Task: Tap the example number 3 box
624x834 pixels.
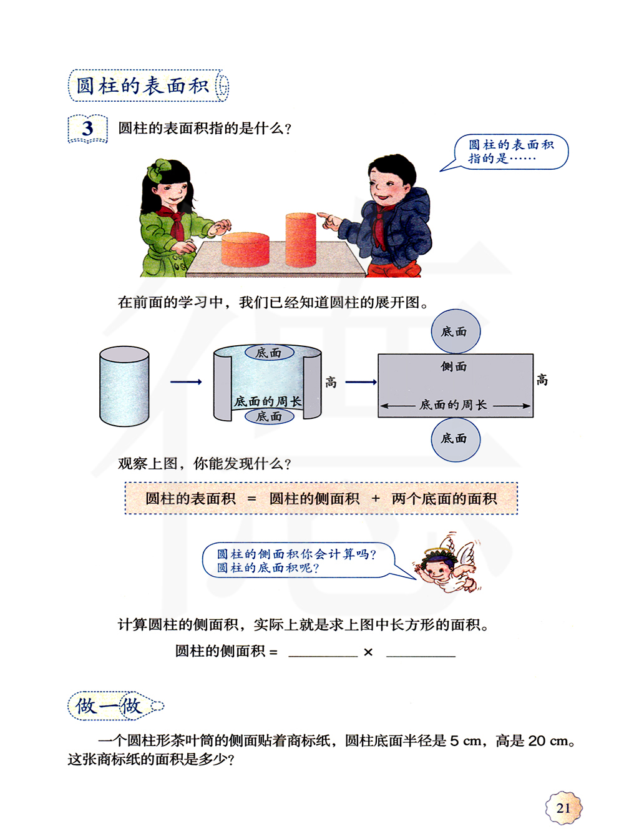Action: click(88, 129)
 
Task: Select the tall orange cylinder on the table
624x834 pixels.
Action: click(301, 239)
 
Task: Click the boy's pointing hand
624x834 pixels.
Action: click(329, 220)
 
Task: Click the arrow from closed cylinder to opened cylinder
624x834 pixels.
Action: click(186, 381)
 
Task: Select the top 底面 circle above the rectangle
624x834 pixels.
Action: click(456, 331)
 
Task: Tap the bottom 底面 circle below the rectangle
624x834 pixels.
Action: click(456, 439)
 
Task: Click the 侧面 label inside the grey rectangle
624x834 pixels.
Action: click(454, 366)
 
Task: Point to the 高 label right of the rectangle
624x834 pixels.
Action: click(542, 380)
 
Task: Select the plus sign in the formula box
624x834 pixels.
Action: click(376, 498)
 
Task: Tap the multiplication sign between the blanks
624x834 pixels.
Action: click(368, 652)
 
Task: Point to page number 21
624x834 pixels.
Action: click(563, 808)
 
